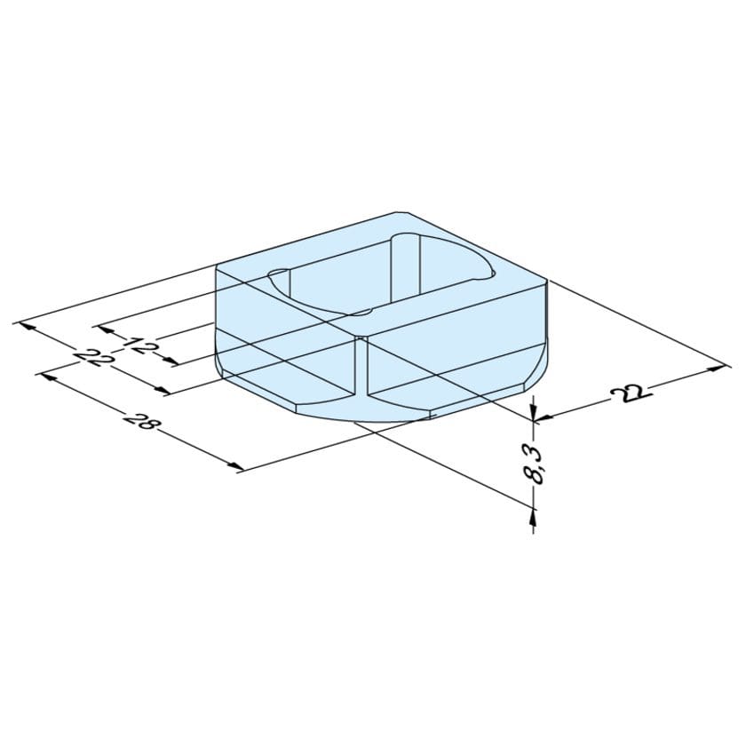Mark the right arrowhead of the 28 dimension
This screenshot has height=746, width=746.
pyautogui.click(x=236, y=465)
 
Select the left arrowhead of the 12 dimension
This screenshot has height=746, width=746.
pyautogui.click(x=104, y=329)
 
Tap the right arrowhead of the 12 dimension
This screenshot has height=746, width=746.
pyautogui.click(x=171, y=361)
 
